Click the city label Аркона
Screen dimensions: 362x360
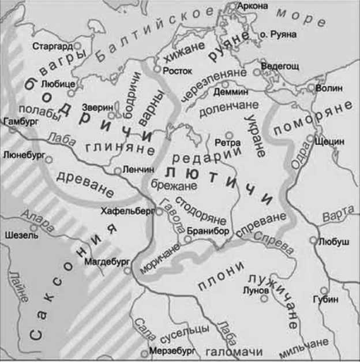pyautogui.click(x=253, y=6)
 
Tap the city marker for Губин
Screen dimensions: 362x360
pyautogui.click(x=324, y=290)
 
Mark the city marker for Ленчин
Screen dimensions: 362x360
pyautogui.click(x=117, y=170)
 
